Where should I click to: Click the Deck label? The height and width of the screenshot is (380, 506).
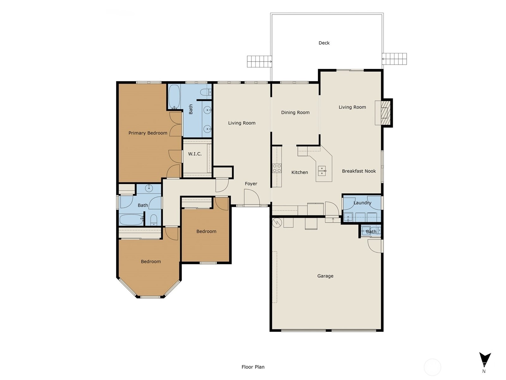pyautogui.click(x=324, y=43)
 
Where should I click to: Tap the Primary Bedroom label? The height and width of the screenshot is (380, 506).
pyautogui.click(x=148, y=133)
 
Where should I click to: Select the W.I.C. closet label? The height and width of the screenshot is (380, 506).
pyautogui.click(x=195, y=154)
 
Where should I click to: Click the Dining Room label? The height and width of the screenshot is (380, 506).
pyautogui.click(x=295, y=113)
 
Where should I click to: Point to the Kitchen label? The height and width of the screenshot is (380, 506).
pyautogui.click(x=299, y=172)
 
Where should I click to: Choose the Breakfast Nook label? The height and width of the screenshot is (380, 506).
pyautogui.click(x=359, y=171)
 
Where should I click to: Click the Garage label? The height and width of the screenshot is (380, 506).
pyautogui.click(x=325, y=276)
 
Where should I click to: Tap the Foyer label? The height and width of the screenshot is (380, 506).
pyautogui.click(x=251, y=184)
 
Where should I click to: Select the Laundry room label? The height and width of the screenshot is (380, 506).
pyautogui.click(x=362, y=203)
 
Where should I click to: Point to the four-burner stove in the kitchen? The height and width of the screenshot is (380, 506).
pyautogui.click(x=277, y=168)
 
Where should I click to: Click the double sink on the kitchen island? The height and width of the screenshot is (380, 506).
pyautogui.click(x=322, y=171)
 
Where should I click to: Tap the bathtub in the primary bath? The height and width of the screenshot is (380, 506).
pyautogui.click(x=174, y=97)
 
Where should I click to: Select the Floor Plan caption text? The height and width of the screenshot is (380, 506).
pyautogui.click(x=253, y=367)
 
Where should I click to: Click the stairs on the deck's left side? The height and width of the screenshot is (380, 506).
pyautogui.click(x=259, y=62)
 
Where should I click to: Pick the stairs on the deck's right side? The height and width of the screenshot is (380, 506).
pyautogui.click(x=394, y=59)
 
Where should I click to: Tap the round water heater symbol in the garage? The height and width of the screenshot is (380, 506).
pyautogui.click(x=277, y=223)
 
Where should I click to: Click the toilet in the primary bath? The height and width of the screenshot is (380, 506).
pyautogui.click(x=206, y=92)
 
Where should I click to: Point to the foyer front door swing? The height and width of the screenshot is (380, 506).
pyautogui.click(x=252, y=197)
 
